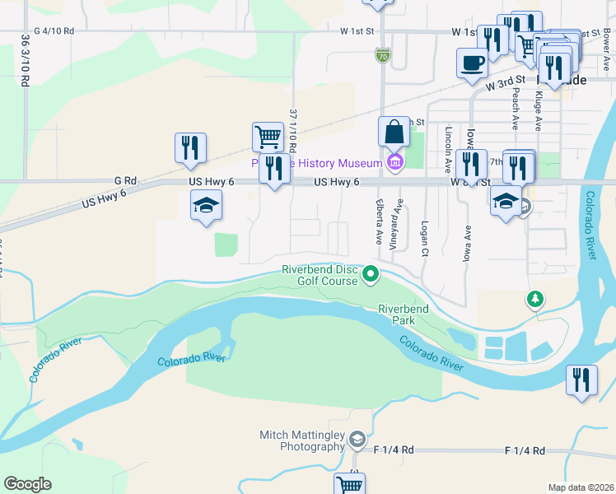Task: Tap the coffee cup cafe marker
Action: pyautogui.click(x=472, y=63)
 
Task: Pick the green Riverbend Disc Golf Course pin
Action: pyautogui.click(x=371, y=275)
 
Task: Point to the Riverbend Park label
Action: pyautogui.click(x=404, y=314)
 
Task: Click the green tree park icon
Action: pyautogui.click(x=535, y=298)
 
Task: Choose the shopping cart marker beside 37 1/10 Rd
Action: pyautogui.click(x=267, y=136)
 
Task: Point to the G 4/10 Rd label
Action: pyautogui.click(x=54, y=31)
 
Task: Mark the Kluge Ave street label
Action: pyautogui.click(x=538, y=111)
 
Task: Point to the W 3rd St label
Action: pyautogui.click(x=505, y=84)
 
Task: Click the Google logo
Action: pyautogui.click(x=27, y=484)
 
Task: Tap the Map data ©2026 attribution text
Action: pyautogui.click(x=581, y=487)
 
